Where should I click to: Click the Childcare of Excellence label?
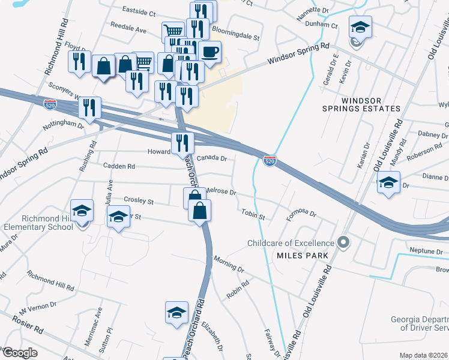[291, 243]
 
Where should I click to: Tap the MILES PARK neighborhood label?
[302, 255]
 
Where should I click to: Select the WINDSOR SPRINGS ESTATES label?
[369, 104]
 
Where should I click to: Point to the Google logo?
[19, 353]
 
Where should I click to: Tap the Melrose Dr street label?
[221, 191]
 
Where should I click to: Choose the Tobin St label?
[253, 214]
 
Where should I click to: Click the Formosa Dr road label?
[301, 214]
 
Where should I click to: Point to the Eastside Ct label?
[139, 11]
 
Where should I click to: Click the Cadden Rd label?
[119, 166]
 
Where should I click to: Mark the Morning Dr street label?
[229, 265]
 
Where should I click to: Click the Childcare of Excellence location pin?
[343, 243]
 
